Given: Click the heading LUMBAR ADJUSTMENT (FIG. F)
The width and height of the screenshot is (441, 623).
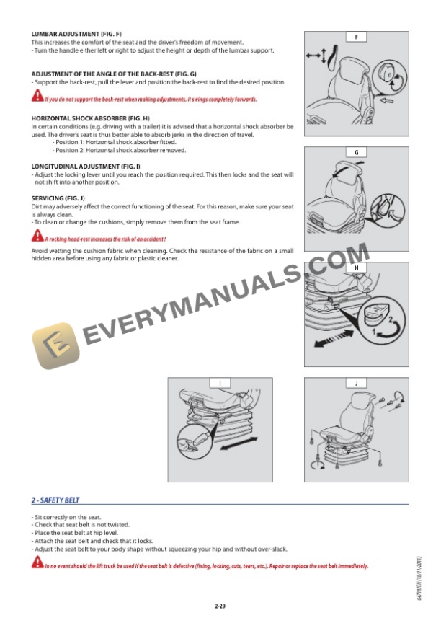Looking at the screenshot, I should [x=76, y=34].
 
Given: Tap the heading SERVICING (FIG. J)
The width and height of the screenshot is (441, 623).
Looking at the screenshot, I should [x=58, y=198].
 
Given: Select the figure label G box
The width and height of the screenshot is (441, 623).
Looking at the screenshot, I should [x=356, y=152].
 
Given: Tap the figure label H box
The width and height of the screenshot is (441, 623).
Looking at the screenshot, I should [x=356, y=268].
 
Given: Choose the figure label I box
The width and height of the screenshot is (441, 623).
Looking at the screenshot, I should [x=220, y=383].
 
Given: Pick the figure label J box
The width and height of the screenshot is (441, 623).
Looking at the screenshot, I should [x=356, y=383].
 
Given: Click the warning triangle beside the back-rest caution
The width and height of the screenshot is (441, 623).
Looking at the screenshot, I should [x=37, y=99].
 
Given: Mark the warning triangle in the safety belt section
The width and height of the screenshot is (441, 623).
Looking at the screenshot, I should [x=37, y=566].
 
